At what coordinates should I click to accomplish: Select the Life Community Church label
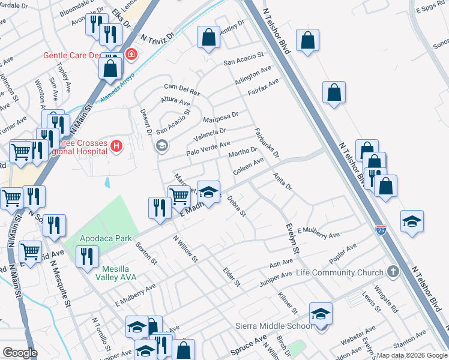click(x=340, y=273)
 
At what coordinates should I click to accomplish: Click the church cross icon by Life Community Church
click(x=393, y=272)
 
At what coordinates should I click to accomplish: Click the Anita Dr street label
click(x=282, y=182)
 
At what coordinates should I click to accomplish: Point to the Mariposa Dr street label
click(x=220, y=116)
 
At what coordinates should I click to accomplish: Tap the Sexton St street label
click(x=145, y=254)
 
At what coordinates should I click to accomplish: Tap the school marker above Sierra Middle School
click(x=321, y=314)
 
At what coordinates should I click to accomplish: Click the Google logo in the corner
click(x=20, y=353)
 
